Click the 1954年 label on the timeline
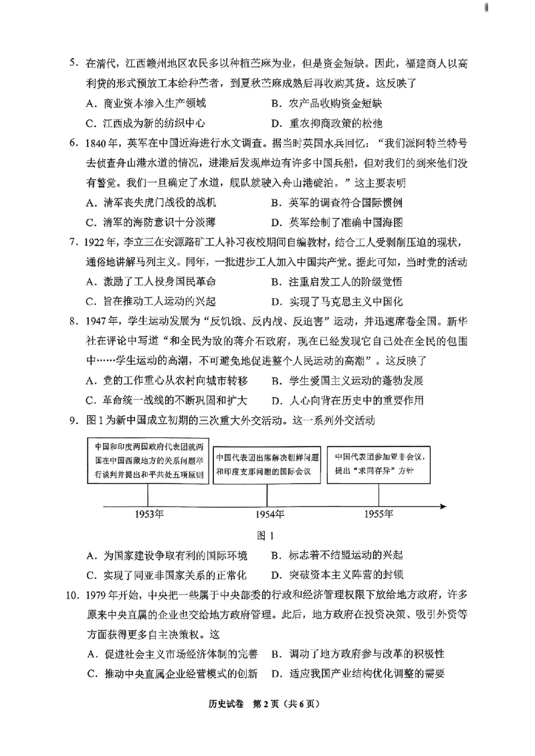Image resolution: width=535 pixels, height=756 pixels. tap(267, 513)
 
